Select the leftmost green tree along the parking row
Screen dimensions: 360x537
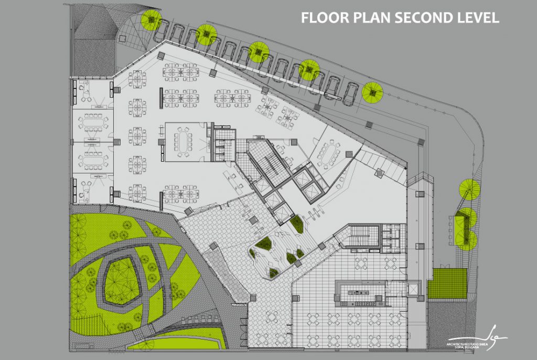pyautogui.click(x=152, y=20)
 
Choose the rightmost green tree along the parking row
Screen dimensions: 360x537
pyautogui.click(x=372, y=93)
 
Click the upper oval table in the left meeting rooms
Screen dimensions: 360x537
pyautogui.click(x=92, y=123)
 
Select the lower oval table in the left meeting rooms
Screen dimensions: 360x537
pyautogui.click(x=92, y=158)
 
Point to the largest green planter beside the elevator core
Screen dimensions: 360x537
pyautogui.click(x=297, y=224)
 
